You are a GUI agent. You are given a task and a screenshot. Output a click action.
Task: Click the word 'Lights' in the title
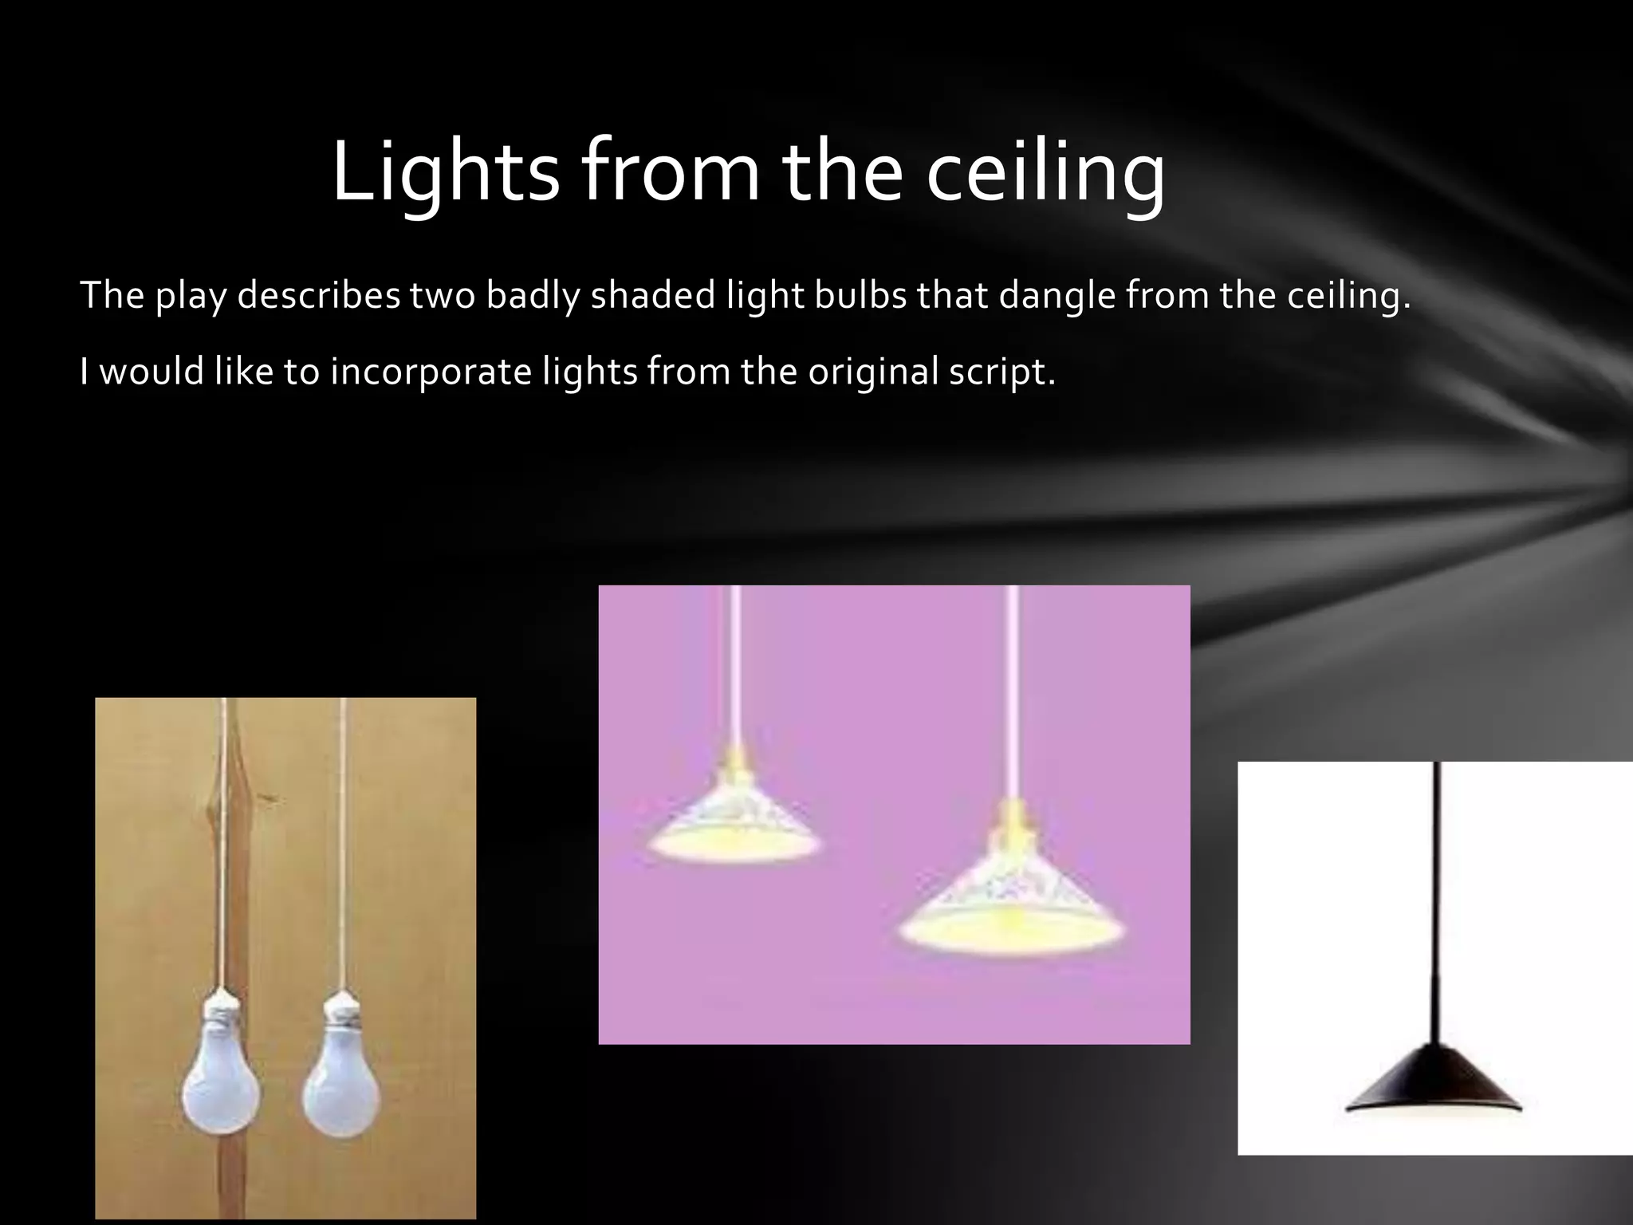445,172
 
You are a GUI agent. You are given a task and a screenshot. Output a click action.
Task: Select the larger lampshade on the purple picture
1011,901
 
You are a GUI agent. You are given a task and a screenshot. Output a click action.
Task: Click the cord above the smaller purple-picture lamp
734,662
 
